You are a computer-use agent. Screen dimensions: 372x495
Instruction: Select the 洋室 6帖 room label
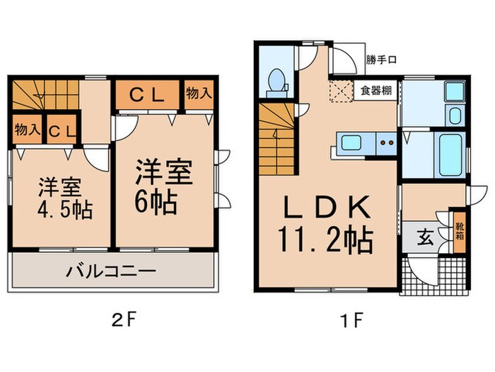click(x=163, y=181)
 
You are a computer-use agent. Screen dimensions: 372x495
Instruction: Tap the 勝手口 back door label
click(x=381, y=60)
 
